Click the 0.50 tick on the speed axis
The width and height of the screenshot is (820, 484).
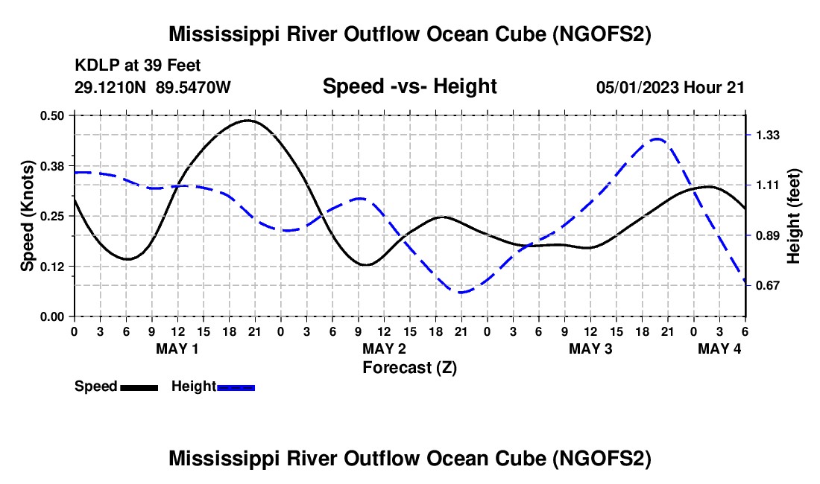pos(51,116)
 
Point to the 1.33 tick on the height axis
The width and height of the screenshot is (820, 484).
pos(768,136)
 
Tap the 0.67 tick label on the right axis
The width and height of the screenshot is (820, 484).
pos(768,286)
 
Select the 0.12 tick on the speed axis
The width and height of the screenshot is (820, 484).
pos(51,267)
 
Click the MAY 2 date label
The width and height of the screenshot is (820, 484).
pos(385,348)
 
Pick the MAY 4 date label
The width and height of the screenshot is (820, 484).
pos(719,348)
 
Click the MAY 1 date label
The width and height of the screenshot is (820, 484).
pos(177,348)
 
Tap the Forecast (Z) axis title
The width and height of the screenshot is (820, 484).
pos(410,368)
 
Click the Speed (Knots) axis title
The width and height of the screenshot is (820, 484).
pos(27,216)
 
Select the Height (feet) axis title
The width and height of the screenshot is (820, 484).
pos(793,216)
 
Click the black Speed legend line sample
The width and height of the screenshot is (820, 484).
pos(139,388)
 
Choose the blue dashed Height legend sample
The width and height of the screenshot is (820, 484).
pos(236,388)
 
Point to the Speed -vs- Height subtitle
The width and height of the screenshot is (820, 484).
pos(410,86)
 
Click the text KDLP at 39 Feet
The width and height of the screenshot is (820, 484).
pos(138,66)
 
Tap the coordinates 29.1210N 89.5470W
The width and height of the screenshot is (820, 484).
pos(153,87)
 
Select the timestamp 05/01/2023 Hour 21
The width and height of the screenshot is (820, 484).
pos(670,87)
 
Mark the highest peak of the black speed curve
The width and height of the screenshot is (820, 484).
pos(249,121)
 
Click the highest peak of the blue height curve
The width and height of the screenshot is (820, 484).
pos(657,139)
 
